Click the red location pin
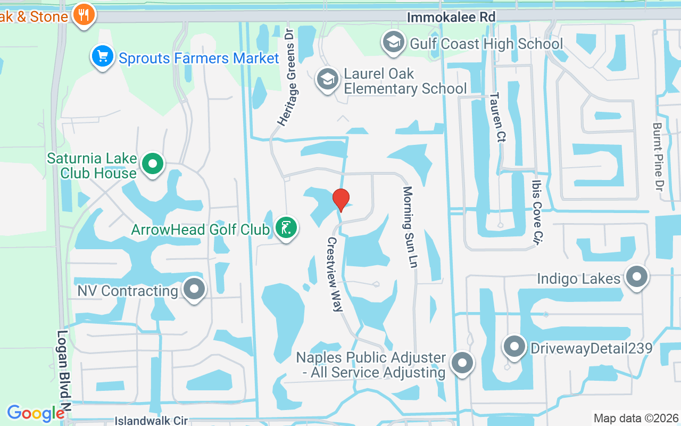(x=341, y=200)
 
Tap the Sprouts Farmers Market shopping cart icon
(x=103, y=57)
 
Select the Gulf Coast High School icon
(x=394, y=43)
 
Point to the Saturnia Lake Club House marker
(x=153, y=165)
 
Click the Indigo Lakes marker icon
(x=636, y=277)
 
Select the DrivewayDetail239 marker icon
(x=514, y=347)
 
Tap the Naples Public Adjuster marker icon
(x=462, y=364)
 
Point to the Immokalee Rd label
(x=451, y=18)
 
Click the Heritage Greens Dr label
(x=286, y=77)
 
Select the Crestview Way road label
(x=335, y=274)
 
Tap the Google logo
(x=36, y=413)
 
